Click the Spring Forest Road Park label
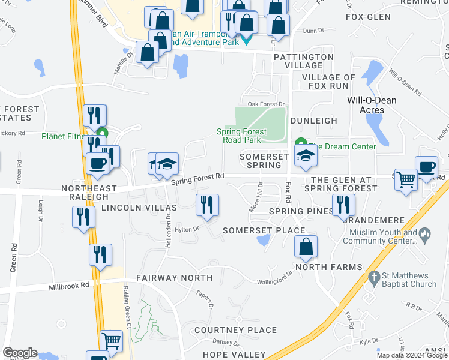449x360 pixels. pyautogui.click(x=241, y=136)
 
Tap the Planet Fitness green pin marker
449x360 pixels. pyautogui.click(x=103, y=134)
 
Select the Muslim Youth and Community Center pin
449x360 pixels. pyautogui.click(x=425, y=233)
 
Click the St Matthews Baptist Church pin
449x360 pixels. pyautogui.click(x=375, y=278)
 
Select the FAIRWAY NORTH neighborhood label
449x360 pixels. pyautogui.click(x=174, y=278)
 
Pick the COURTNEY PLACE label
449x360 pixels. pyautogui.click(x=236, y=330)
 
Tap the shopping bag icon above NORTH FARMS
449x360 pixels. pyautogui.click(x=306, y=246)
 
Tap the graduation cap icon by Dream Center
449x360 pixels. pyautogui.click(x=306, y=155)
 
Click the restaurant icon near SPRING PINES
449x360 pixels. pyautogui.click(x=343, y=205)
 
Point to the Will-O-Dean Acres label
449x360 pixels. pyautogui.click(x=372, y=104)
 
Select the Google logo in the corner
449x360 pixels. pyautogui.click(x=19, y=353)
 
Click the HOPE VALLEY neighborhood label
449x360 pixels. pyautogui.click(x=234, y=355)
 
